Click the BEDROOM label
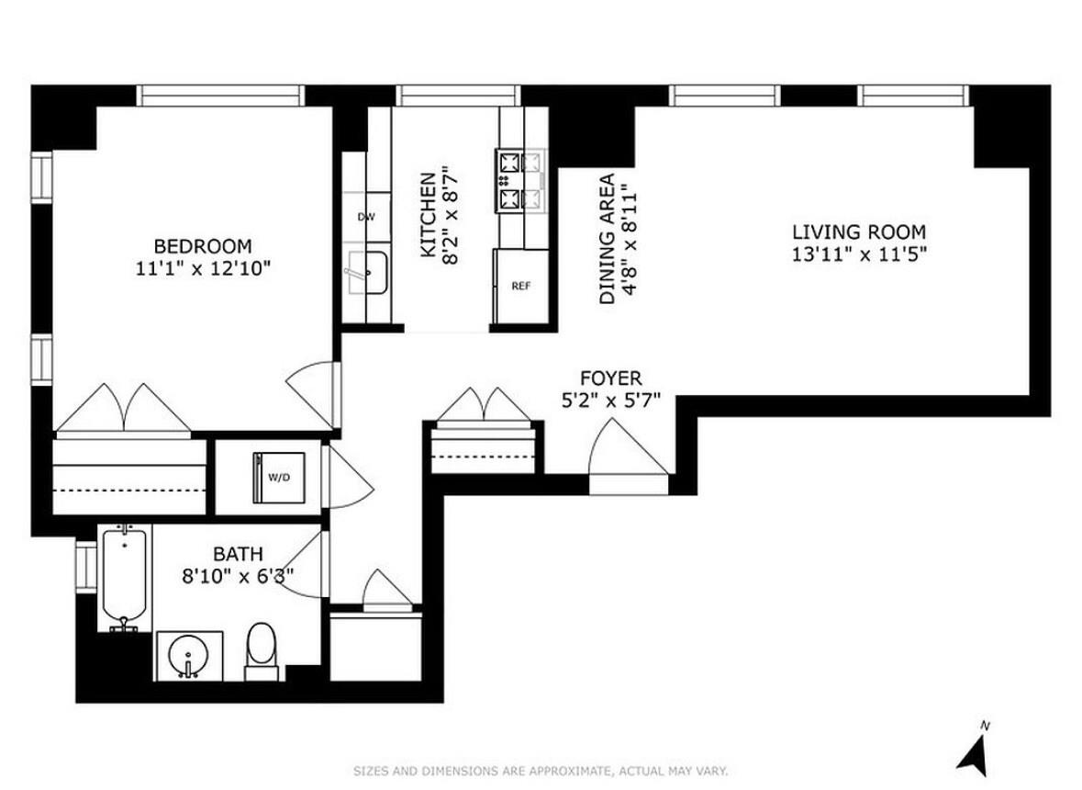pyautogui.click(x=202, y=246)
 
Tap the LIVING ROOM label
pyautogui.click(x=859, y=232)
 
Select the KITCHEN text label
pyautogui.click(x=427, y=215)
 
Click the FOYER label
pyautogui.click(x=610, y=378)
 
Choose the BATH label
pyautogui.click(x=238, y=554)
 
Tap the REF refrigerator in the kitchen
pyautogui.click(x=520, y=286)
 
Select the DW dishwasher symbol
pyautogui.click(x=366, y=217)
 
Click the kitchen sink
pyautogui.click(x=367, y=273)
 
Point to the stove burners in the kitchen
pyautogui.click(x=509, y=180)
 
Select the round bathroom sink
pyautogui.click(x=189, y=655)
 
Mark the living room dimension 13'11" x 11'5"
pyautogui.click(x=859, y=254)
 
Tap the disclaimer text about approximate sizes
pyautogui.click(x=541, y=770)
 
